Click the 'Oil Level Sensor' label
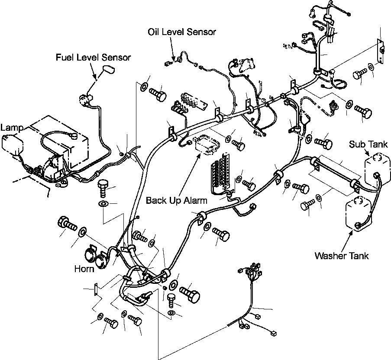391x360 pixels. pyautogui.click(x=181, y=32)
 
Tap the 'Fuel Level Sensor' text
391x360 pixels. pyautogui.click(x=93, y=57)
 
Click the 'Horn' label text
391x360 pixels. pyautogui.click(x=84, y=269)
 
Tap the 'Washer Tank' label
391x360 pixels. pyautogui.click(x=342, y=256)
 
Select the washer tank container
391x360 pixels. pyautogui.click(x=356, y=212)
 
